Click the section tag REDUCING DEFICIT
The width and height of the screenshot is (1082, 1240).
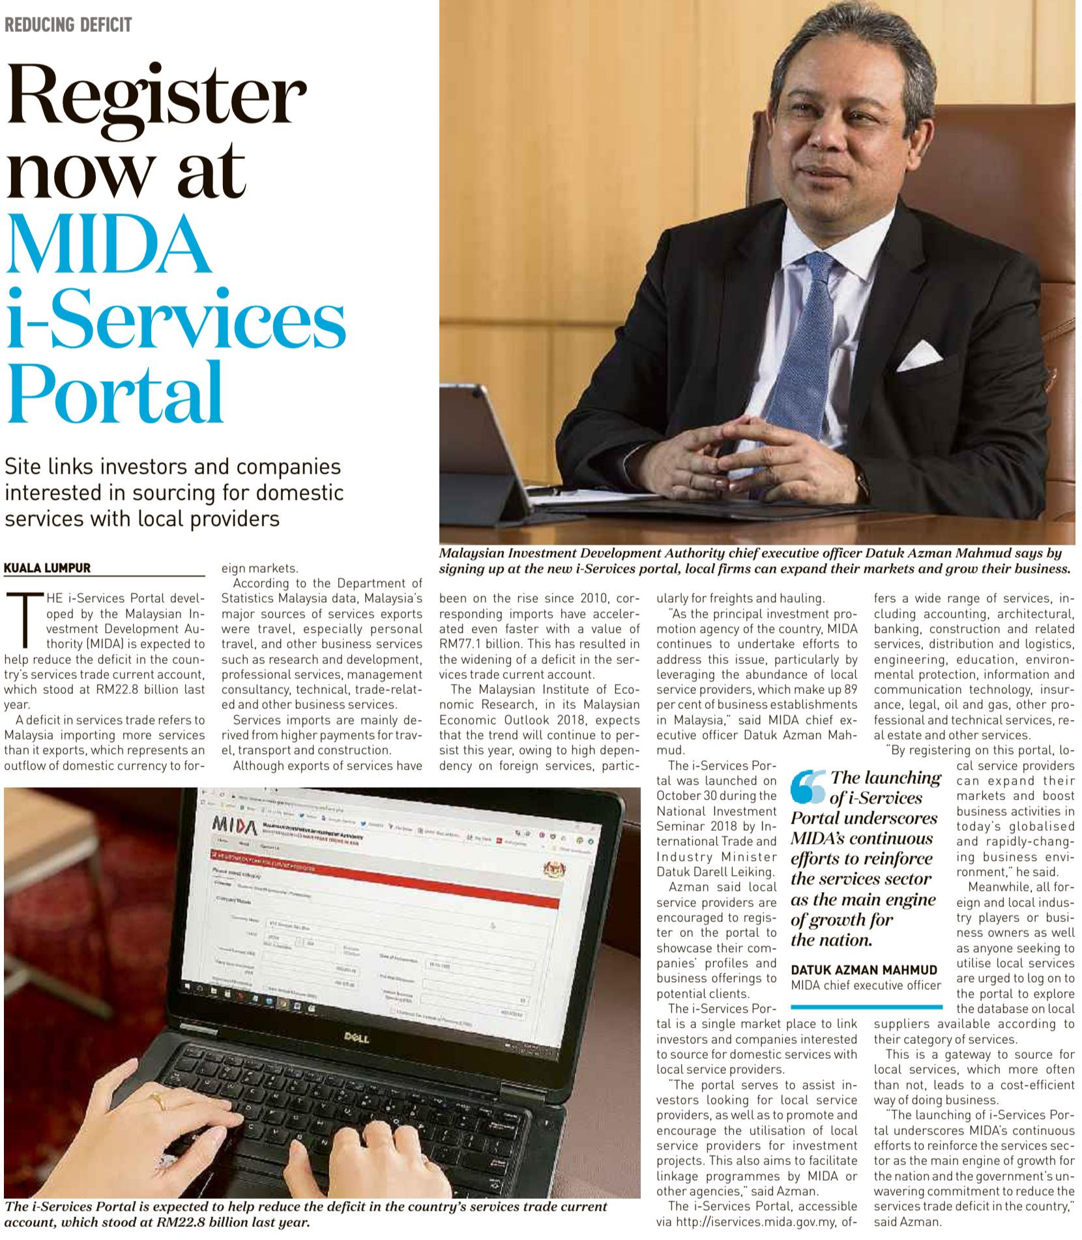68,25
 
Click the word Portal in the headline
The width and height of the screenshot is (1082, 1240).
115,394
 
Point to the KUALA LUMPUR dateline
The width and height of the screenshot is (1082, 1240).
47,568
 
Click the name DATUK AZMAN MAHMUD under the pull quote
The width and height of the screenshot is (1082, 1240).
864,970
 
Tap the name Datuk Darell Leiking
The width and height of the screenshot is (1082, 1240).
715,872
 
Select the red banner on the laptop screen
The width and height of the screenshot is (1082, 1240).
385,880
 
